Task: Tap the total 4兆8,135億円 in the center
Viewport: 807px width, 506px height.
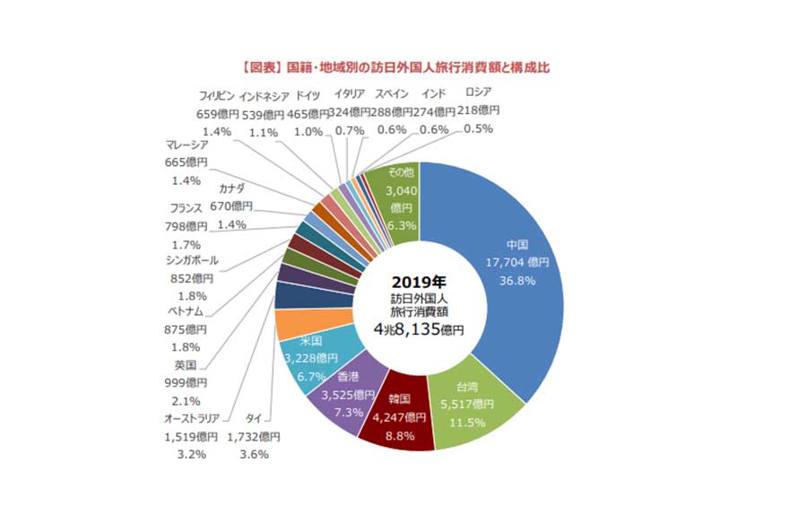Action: coord(419,329)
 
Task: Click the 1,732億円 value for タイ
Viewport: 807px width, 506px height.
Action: coord(252,437)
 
